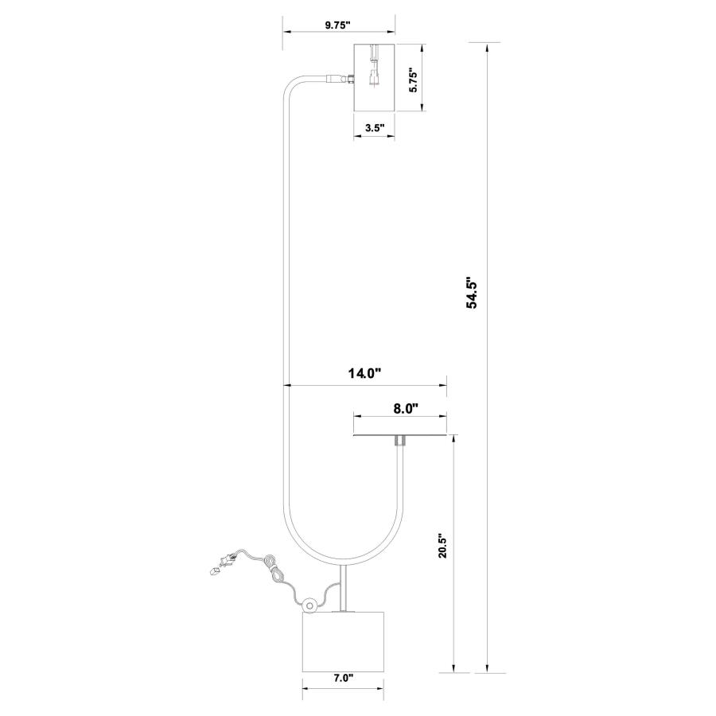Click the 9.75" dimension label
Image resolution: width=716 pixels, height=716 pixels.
[x=337, y=25]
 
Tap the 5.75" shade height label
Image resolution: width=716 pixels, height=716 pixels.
[x=413, y=81]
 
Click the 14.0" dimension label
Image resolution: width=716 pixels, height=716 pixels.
[x=365, y=374]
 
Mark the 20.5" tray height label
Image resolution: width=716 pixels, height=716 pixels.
[x=443, y=547]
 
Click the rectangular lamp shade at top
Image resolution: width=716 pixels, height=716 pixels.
[x=375, y=78]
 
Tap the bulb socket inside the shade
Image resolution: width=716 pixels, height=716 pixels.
[x=375, y=66]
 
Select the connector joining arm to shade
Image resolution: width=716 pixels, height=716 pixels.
[x=340, y=79]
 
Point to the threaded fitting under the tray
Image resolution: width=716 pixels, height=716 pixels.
[x=400, y=442]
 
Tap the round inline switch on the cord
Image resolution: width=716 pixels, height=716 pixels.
[x=310, y=606]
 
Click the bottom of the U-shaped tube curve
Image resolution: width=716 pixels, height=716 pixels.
[x=344, y=561]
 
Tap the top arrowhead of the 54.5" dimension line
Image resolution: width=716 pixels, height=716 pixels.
[x=487, y=47]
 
